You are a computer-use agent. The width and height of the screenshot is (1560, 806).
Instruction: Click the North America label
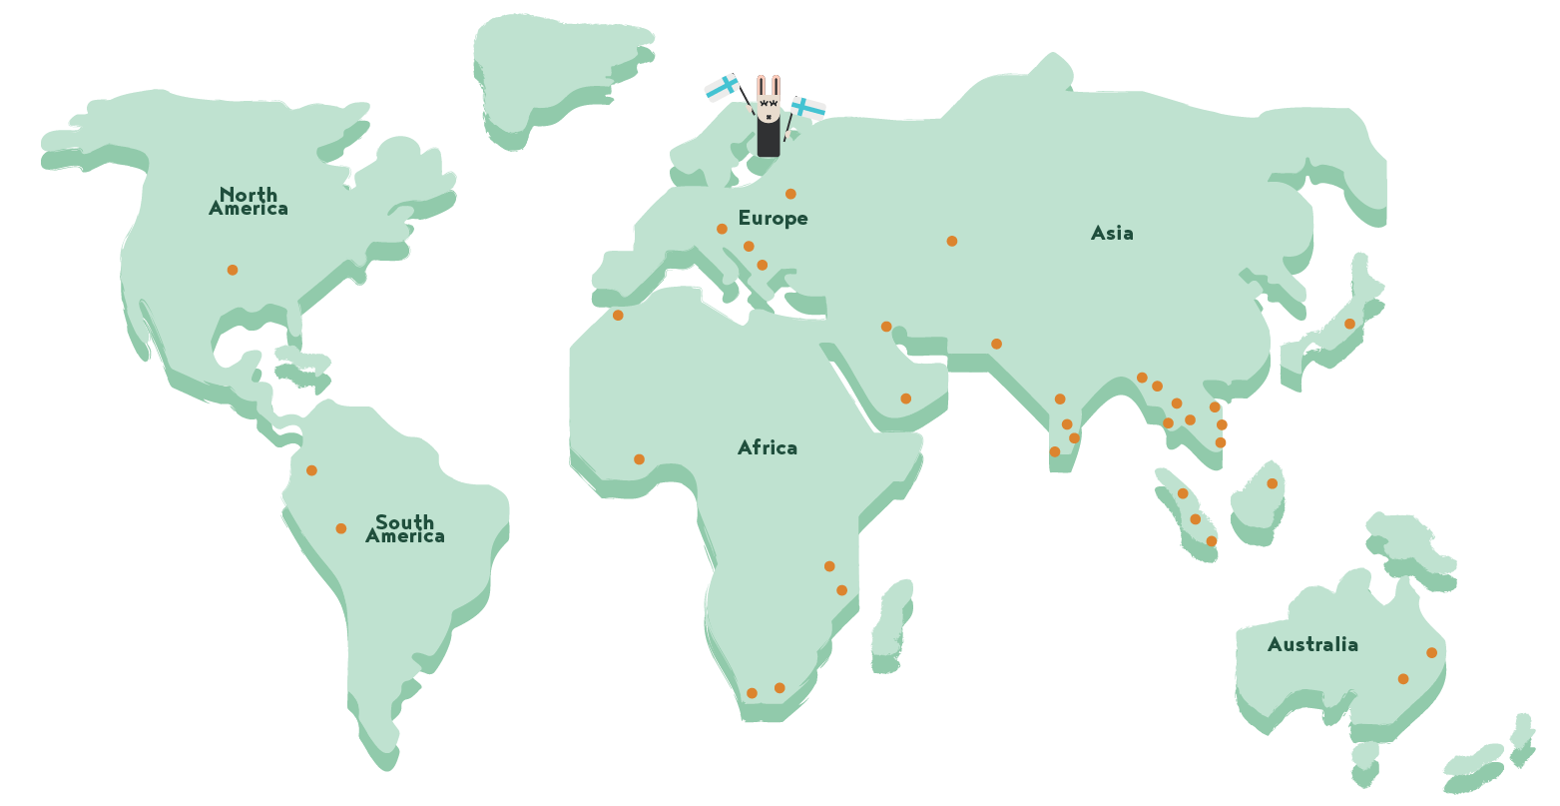pos(249,201)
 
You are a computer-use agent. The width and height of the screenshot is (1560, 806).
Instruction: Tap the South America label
pos(405,528)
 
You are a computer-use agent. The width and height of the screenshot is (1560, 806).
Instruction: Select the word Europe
pos(773,218)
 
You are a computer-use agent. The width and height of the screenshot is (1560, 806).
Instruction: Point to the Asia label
pos(1112,233)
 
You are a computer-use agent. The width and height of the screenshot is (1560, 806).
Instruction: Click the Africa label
pos(767,447)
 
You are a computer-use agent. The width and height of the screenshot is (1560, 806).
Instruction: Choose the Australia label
pos(1312,644)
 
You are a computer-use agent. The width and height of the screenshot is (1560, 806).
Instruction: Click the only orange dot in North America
pos(233,270)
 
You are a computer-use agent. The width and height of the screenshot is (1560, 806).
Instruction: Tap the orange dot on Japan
pos(1349,324)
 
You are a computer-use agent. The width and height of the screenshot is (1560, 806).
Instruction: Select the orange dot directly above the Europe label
pos(790,194)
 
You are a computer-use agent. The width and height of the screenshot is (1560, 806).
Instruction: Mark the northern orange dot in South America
pos(311,470)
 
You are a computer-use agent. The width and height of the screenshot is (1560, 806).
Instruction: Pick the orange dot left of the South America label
pos(341,528)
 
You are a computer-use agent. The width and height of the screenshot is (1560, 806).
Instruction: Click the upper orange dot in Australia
pos(1431,653)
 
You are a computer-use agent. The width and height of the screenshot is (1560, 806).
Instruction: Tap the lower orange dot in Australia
pos(1403,679)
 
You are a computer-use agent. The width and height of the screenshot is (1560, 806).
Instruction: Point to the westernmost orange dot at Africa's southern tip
pos(752,693)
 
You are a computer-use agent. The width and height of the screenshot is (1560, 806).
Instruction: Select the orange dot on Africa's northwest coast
pos(618,316)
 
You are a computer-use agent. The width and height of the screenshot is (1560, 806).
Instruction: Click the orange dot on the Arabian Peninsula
pos(906,399)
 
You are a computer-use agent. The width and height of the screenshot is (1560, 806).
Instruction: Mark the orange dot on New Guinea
pos(1273,483)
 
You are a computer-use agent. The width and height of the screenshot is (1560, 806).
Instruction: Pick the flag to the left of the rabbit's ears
pos(723,88)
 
